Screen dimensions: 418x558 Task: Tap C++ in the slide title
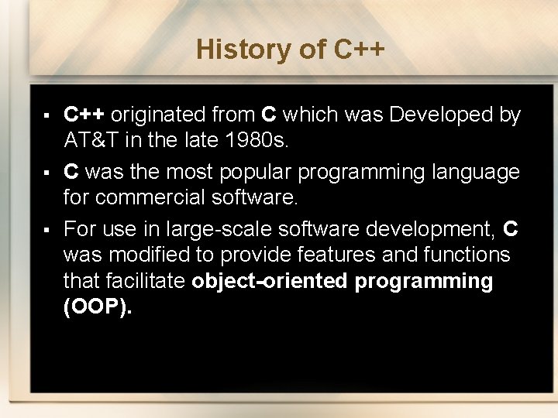point(359,50)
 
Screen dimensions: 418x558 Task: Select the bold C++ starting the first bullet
point(84,115)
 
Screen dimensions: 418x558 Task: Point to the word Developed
point(440,115)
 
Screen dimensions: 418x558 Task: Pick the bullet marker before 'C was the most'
point(47,172)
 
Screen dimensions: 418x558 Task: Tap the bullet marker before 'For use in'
point(47,228)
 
